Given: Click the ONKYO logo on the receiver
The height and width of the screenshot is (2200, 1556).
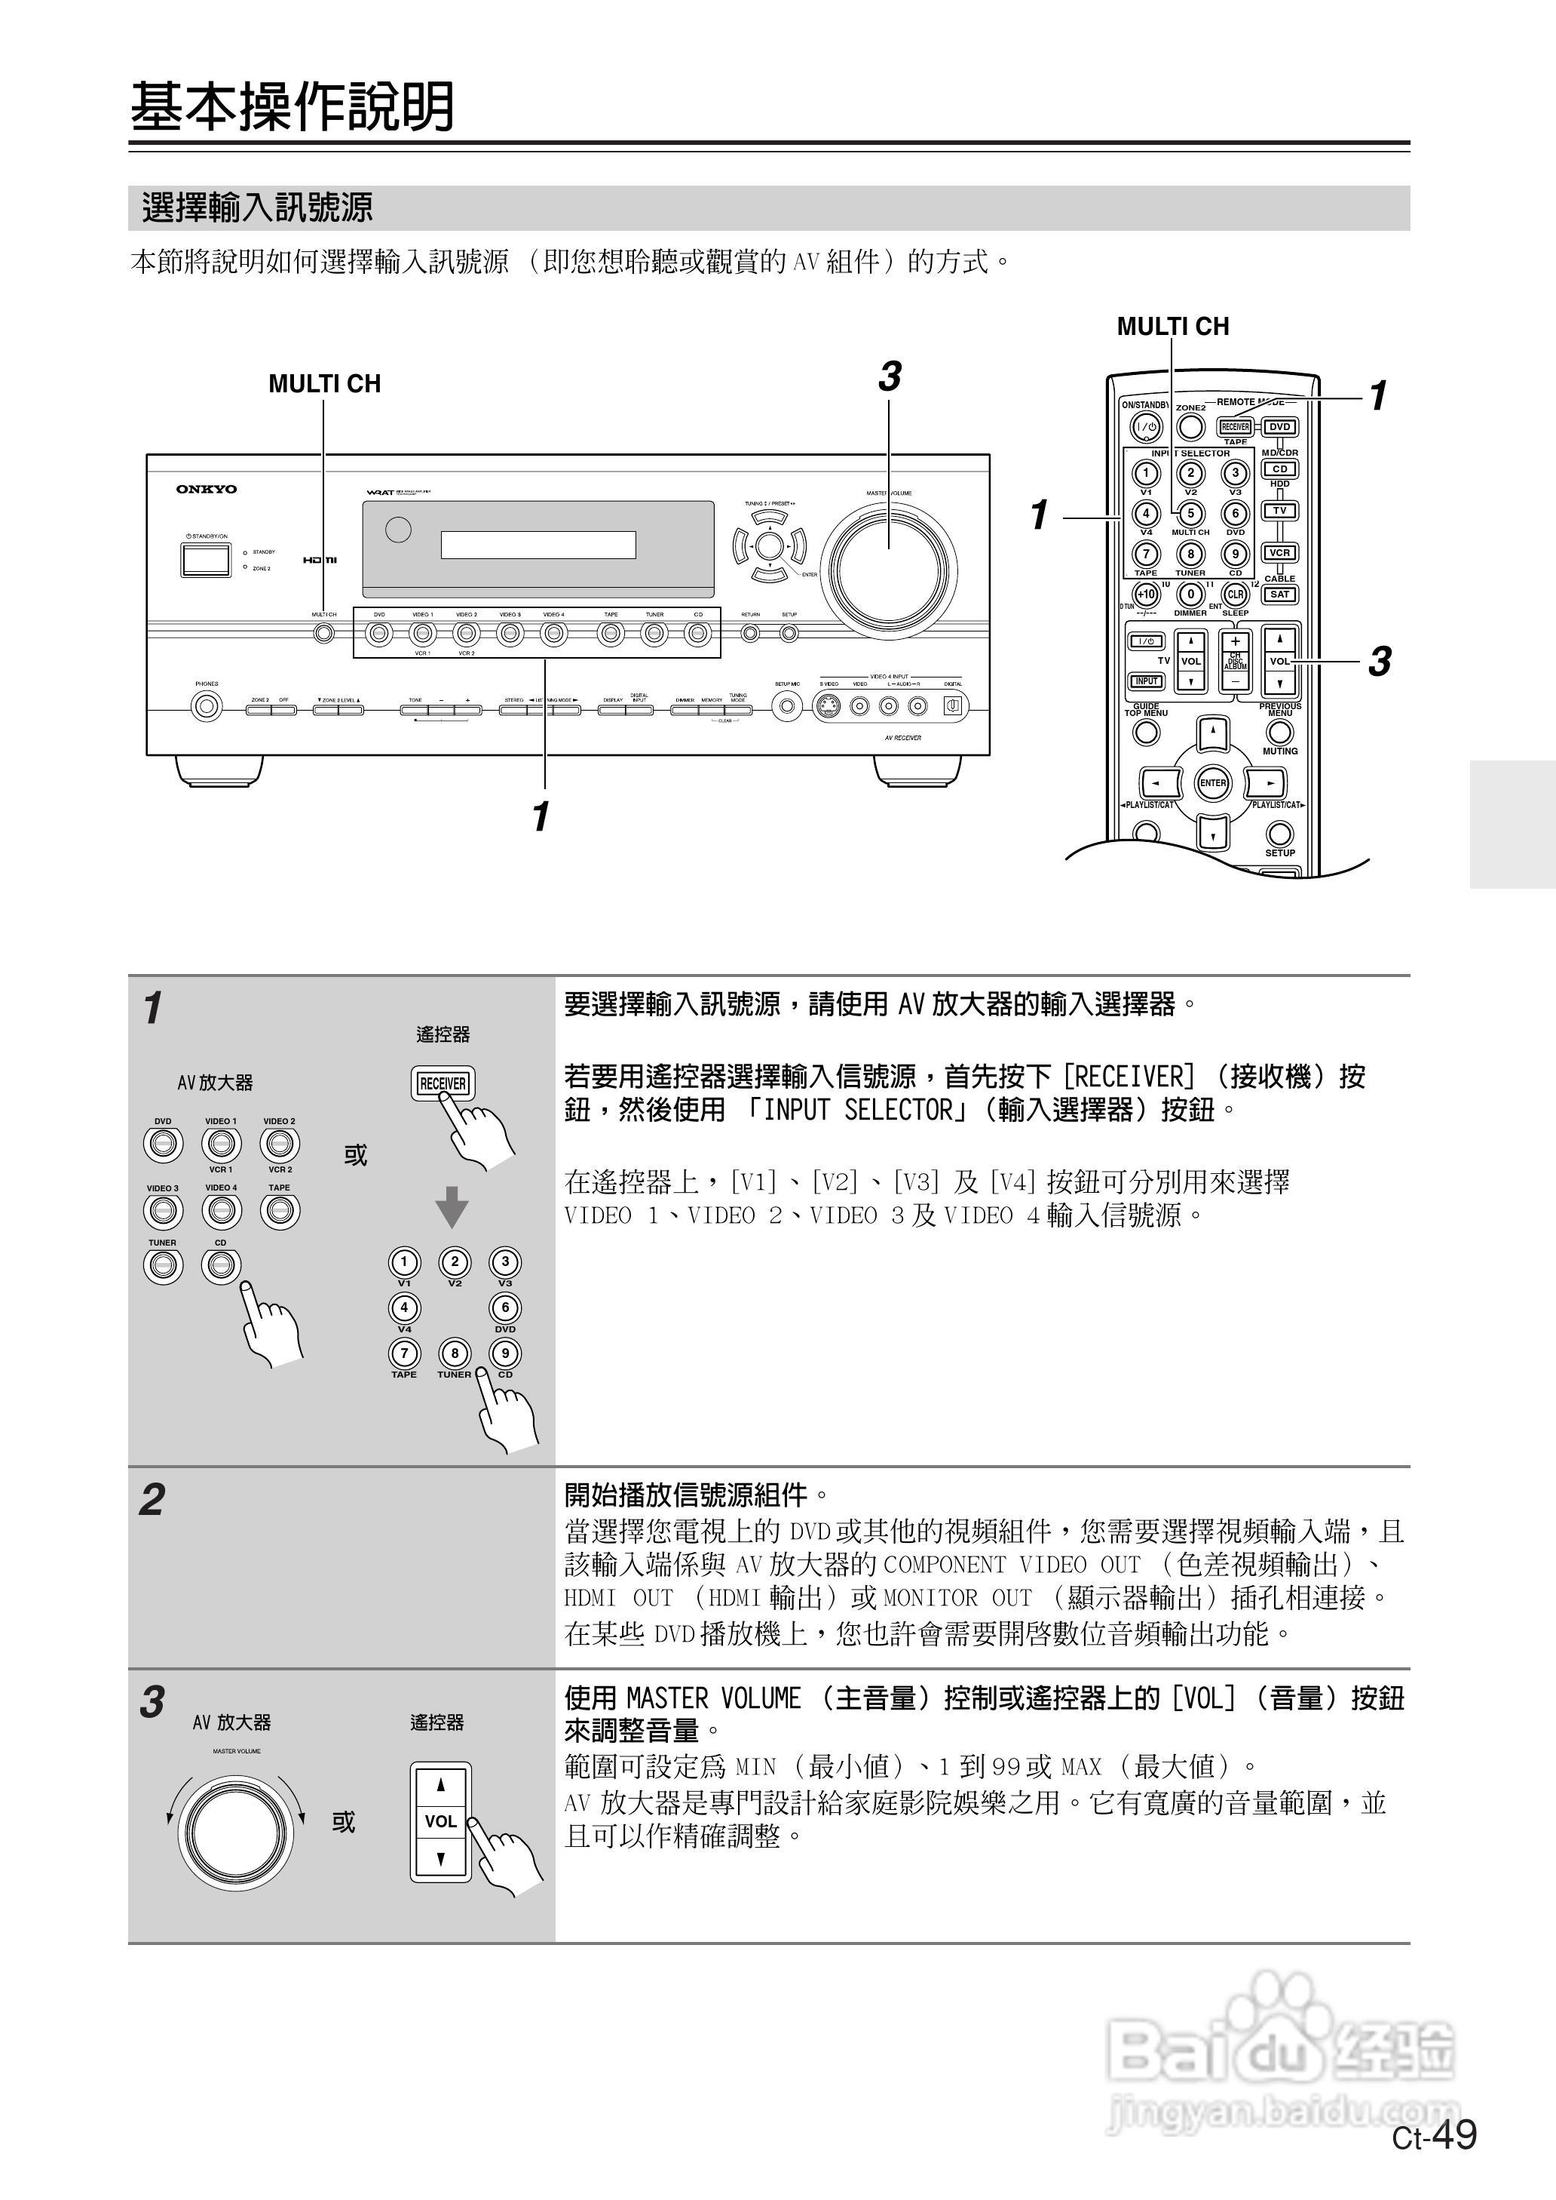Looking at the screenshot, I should [x=206, y=489].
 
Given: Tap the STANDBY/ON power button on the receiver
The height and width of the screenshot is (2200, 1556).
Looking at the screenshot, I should [x=206, y=560].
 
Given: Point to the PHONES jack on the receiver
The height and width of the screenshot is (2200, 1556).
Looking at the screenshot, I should [x=206, y=708].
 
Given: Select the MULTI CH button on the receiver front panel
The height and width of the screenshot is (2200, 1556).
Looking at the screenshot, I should [x=325, y=633].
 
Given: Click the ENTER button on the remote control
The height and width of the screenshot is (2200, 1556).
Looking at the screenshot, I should [x=1213, y=783].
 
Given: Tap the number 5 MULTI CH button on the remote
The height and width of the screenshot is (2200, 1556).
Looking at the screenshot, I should [x=1190, y=514].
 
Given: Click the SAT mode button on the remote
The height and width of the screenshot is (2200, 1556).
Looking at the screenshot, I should [x=1280, y=595].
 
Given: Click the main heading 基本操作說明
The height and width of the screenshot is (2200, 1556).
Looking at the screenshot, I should [x=293, y=106].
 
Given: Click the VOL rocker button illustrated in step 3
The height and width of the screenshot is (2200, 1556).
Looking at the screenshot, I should [x=441, y=1821].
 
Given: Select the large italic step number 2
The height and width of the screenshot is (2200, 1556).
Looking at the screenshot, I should [x=152, y=1499].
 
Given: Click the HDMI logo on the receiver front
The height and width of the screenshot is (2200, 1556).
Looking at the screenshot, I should [x=320, y=560].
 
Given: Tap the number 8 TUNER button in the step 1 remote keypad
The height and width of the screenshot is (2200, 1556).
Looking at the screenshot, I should [x=454, y=1353].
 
